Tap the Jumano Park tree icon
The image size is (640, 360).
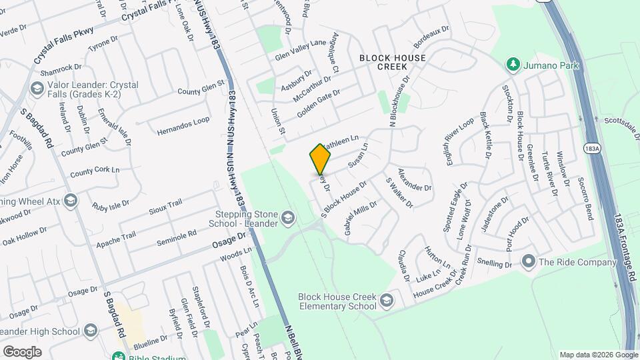513,65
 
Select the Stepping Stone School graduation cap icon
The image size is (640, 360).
287,217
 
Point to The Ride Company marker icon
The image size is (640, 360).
529,261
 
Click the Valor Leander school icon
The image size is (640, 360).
37,88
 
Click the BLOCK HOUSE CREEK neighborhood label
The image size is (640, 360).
393,62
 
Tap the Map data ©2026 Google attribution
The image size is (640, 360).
597,355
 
